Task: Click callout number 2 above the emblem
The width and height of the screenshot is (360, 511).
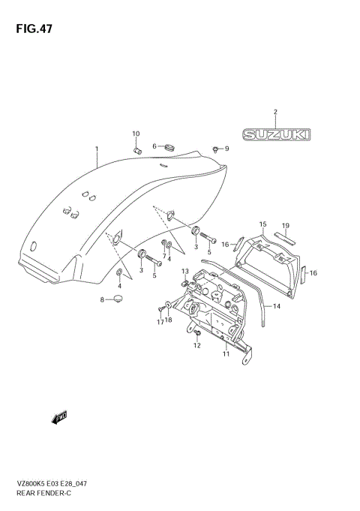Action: point(275,112)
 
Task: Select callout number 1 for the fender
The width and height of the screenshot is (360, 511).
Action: point(96,149)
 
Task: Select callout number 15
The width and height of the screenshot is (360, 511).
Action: point(263,224)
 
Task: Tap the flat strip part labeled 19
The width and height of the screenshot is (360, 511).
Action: point(285,239)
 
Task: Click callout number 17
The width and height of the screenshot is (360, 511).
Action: point(160,322)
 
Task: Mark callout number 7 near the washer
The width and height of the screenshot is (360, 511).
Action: point(164,255)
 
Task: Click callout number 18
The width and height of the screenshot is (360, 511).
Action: point(169,320)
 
